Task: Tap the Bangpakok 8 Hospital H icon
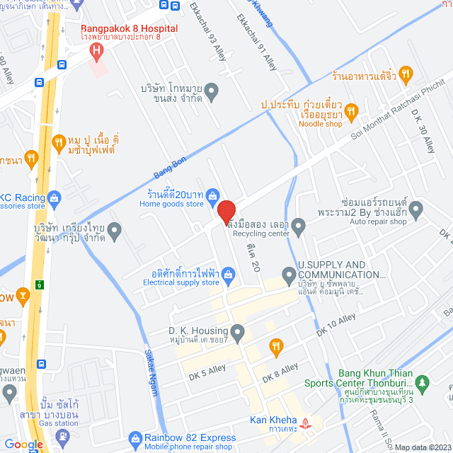tap(96, 51)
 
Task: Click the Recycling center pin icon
tap(299, 227)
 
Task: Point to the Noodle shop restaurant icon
tap(355, 109)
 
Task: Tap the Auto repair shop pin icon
tap(415, 209)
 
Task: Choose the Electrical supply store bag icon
tap(228, 274)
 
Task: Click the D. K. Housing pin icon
tap(238, 331)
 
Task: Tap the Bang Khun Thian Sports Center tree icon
tap(422, 383)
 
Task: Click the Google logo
tap(23, 444)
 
